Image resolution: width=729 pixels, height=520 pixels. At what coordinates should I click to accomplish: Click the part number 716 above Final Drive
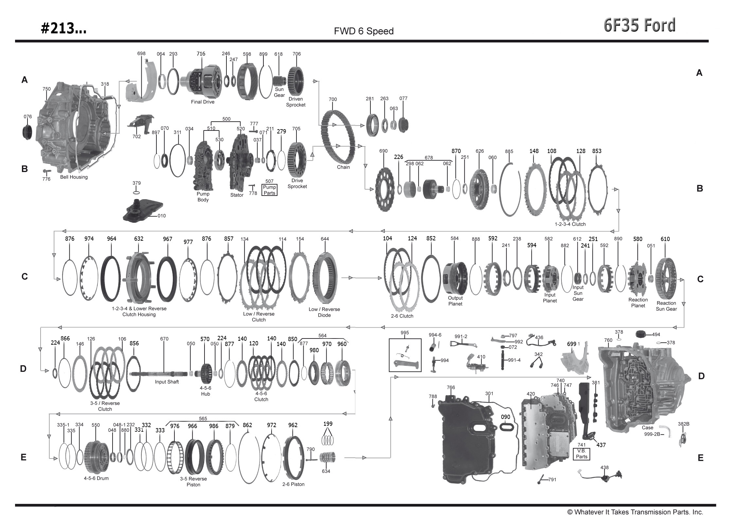[x=201, y=54]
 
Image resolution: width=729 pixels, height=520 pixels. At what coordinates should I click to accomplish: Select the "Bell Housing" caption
[x=74, y=177]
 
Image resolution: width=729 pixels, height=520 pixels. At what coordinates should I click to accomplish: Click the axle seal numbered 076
[x=27, y=132]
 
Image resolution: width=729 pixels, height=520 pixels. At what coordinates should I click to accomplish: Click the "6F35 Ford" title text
[x=639, y=26]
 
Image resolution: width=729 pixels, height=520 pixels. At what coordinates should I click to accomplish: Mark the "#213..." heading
[x=63, y=29]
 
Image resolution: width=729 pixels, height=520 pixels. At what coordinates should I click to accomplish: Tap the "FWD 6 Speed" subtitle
[x=364, y=31]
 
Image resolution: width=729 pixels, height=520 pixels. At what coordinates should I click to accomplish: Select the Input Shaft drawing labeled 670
[x=164, y=373]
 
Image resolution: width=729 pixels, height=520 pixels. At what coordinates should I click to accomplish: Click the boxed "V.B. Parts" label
[x=581, y=454]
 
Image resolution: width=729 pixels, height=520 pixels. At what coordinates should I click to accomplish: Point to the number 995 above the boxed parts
[x=404, y=333]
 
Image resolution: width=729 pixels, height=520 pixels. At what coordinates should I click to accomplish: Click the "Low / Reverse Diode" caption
[x=324, y=312]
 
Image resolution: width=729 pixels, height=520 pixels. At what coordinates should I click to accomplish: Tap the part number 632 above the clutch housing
[x=138, y=239]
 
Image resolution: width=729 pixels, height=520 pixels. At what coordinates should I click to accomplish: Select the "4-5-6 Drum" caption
[x=96, y=478]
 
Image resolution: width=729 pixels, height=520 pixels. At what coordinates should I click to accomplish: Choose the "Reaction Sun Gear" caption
[x=666, y=306]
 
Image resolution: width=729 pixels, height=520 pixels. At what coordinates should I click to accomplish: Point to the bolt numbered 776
[x=46, y=171]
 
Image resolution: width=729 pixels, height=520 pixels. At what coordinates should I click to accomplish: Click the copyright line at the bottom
[x=635, y=512]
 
